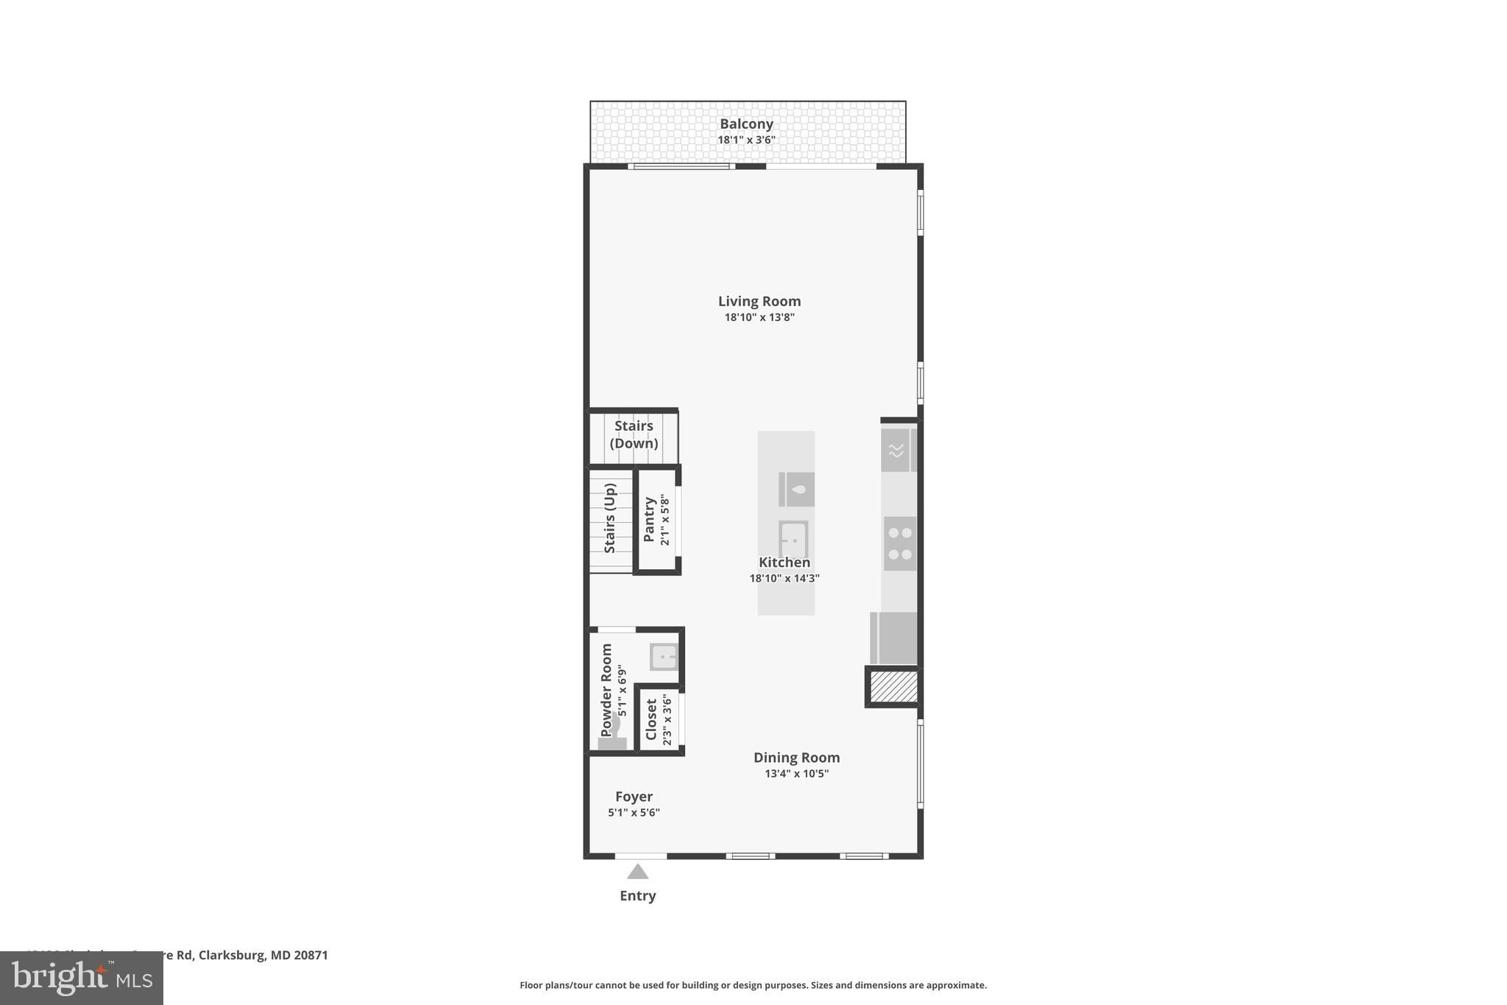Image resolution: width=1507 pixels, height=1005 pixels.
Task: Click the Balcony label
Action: click(746, 124)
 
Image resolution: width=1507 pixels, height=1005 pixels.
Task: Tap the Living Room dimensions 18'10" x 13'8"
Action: click(759, 317)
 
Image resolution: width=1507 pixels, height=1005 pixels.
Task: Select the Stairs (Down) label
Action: click(634, 434)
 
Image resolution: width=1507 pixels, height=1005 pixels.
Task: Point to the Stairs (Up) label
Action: click(610, 518)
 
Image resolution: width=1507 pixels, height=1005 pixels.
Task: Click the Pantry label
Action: click(649, 520)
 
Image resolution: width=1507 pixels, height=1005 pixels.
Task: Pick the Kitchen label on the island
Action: click(784, 563)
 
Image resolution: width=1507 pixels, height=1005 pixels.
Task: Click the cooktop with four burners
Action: click(899, 543)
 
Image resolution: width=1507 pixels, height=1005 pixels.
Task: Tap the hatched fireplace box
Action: click(894, 687)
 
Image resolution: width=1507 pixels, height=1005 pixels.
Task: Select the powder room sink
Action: click(663, 656)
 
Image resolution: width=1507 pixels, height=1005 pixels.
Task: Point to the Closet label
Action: click(651, 719)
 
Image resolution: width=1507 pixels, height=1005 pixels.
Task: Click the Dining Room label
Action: click(796, 758)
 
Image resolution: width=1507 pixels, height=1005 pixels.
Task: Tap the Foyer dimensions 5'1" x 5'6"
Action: click(634, 813)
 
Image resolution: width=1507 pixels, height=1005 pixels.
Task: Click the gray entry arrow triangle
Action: click(638, 872)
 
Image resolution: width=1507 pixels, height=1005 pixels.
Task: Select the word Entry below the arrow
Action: click(638, 896)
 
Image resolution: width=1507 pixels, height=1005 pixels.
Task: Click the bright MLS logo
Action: click(81, 978)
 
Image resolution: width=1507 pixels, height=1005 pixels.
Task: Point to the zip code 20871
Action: click(311, 955)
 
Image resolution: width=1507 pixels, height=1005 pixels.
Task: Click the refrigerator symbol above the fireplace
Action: click(893, 638)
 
